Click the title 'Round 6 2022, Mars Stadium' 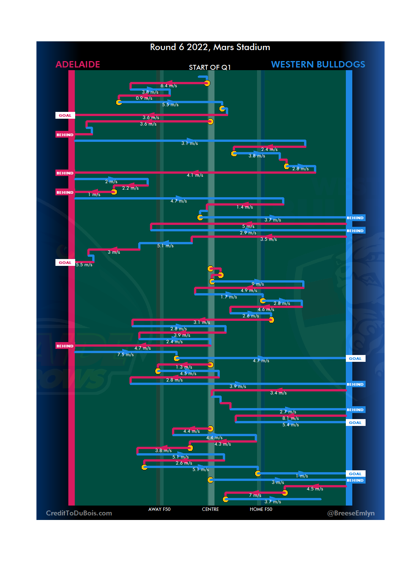(x=210, y=47)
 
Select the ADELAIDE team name (x=78, y=64)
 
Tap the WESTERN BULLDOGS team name (x=318, y=64)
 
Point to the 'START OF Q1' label (x=210, y=68)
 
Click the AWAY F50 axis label (x=159, y=509)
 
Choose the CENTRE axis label (x=210, y=509)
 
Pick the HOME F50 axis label (x=261, y=509)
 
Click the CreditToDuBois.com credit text (x=79, y=513)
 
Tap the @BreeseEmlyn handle (x=351, y=513)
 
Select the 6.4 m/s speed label (x=169, y=86)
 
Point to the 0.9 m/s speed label (x=144, y=98)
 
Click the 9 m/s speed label (x=258, y=284)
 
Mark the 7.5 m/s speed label (x=125, y=355)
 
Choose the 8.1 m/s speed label (x=290, y=418)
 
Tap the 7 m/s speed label (x=255, y=495)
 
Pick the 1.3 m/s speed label (x=184, y=367)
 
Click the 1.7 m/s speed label (x=229, y=297)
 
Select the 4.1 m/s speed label (x=195, y=175)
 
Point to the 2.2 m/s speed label (x=130, y=188)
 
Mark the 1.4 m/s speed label (x=244, y=207)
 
